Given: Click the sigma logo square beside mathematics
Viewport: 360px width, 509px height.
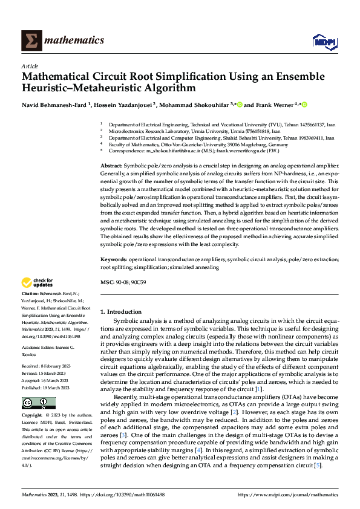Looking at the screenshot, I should pyautogui.click(x=31, y=41).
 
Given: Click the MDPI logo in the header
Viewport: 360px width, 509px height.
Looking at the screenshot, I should pyautogui.click(x=323, y=41).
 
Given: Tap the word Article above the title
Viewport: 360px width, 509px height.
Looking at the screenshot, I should pyautogui.click(x=30, y=66).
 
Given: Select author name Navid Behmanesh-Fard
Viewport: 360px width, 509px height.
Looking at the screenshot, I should pyautogui.click(x=54, y=105).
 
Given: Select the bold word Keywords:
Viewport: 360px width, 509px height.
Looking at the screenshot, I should pyautogui.click(x=114, y=259).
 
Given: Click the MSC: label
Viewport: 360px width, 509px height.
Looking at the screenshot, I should pyautogui.click(x=107, y=282).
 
